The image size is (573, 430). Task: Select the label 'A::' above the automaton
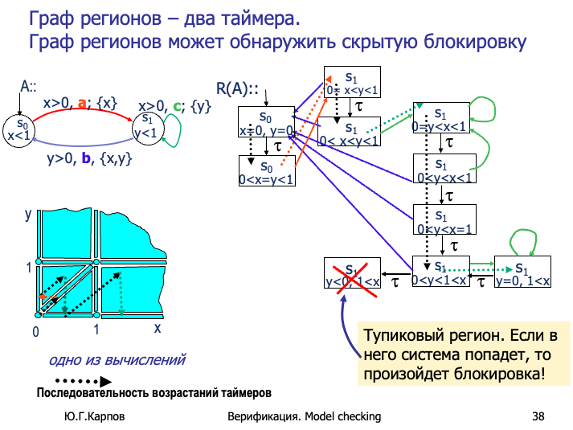point(29,87)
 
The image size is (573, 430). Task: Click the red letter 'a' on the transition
point(82,103)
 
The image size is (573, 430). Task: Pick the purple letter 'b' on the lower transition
point(86,159)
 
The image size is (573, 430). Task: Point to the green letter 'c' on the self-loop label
point(177,105)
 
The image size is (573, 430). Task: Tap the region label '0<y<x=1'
point(444,229)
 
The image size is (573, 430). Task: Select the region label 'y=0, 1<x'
point(522,281)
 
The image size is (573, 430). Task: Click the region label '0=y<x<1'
point(438,127)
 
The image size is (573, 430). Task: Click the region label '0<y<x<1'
point(444,178)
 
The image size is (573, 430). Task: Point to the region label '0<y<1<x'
point(438,280)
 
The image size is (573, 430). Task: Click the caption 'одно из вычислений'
point(117,360)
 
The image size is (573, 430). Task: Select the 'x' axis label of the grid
point(158,328)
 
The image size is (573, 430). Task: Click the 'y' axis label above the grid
point(28,215)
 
